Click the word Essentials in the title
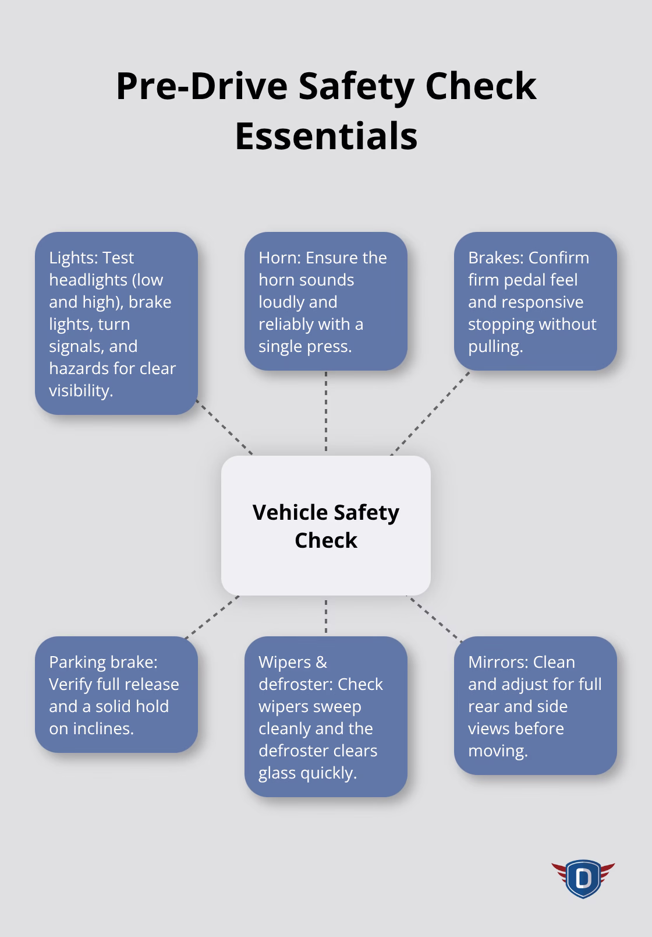click(326, 136)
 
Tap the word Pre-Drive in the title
click(201, 86)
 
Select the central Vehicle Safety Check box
click(326, 526)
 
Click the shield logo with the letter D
click(583, 878)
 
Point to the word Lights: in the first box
click(74, 258)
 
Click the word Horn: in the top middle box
click(279, 258)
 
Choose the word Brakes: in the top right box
click(496, 258)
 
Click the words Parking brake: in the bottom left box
click(103, 662)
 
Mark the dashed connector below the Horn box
click(326, 413)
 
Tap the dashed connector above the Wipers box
click(326, 616)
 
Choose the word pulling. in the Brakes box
click(495, 346)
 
